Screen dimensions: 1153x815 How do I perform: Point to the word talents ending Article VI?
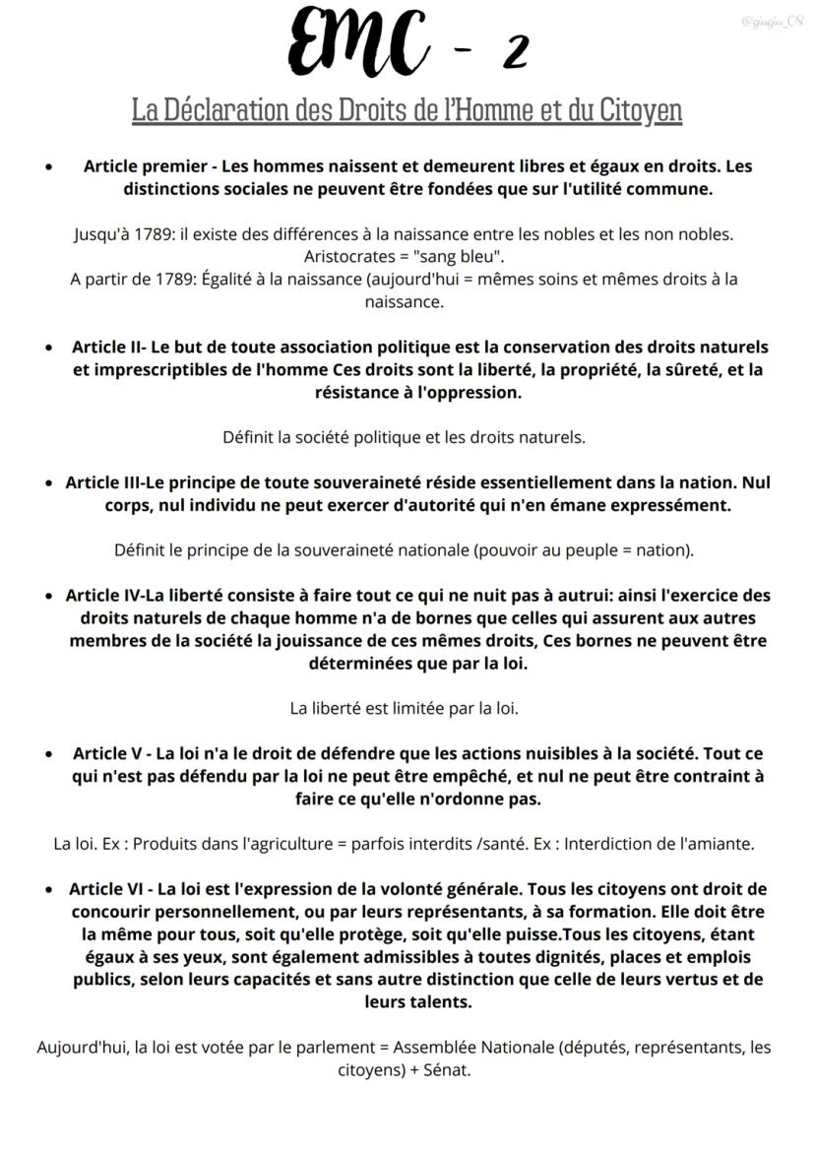click(432, 1002)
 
